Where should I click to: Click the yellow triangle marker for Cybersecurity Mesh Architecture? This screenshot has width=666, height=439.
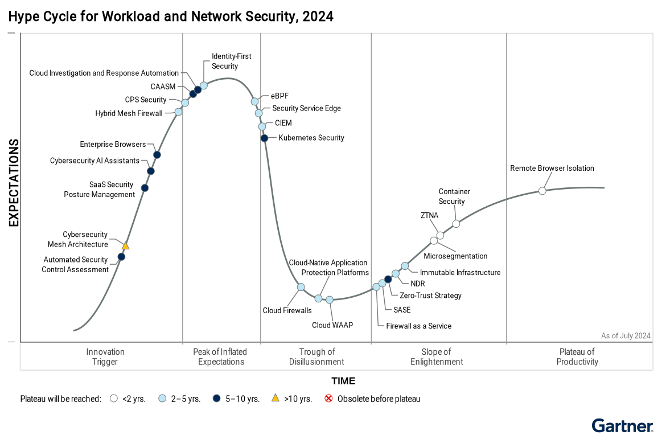click(126, 245)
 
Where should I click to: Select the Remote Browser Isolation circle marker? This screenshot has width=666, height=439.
click(542, 191)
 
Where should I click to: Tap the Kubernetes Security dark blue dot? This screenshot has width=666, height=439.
click(264, 138)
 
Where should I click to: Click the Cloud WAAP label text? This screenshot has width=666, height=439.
click(332, 325)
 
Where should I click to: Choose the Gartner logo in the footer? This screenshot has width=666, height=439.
click(622, 426)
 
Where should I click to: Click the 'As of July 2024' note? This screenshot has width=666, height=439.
click(626, 336)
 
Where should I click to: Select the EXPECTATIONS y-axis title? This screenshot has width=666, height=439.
click(14, 183)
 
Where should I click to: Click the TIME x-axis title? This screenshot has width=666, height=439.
click(343, 381)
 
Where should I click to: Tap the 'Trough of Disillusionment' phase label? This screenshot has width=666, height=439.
click(316, 357)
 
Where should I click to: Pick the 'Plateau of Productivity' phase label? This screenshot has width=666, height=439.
click(577, 357)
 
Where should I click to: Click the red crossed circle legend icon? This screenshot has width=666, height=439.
click(328, 399)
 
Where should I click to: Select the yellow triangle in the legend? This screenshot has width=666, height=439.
click(276, 399)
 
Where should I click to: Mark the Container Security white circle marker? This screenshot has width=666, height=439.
click(456, 224)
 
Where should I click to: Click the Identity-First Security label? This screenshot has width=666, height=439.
click(231, 61)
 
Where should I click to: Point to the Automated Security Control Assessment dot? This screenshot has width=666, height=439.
click(121, 257)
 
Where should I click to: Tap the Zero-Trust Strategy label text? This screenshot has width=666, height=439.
click(430, 296)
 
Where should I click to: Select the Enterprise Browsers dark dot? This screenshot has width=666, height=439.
click(157, 155)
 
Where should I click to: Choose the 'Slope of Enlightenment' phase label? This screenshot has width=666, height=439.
click(437, 357)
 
